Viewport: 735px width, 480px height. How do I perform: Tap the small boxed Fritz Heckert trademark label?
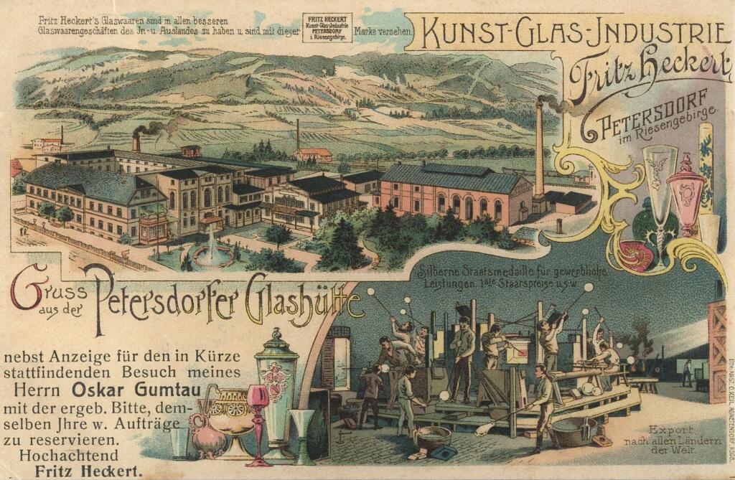[327, 27]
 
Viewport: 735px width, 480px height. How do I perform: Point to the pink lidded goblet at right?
[685, 194]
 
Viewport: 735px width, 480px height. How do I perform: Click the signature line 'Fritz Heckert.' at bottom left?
[90, 471]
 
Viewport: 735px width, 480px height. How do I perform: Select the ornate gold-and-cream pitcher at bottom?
[230, 420]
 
